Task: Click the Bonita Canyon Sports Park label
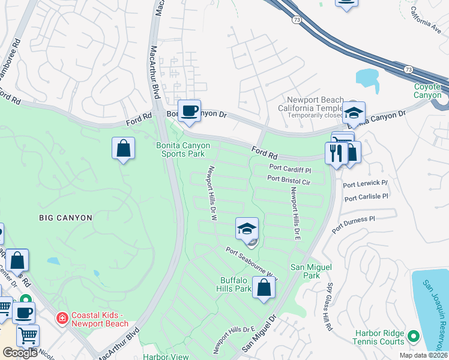tap(181, 149)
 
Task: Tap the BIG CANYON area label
tap(66, 218)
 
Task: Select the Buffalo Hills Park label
tap(235, 284)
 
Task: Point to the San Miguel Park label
tap(304, 271)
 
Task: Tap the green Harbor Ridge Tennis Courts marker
tap(412, 335)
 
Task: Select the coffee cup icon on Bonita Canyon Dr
tap(190, 111)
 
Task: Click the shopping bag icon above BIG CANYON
tap(123, 148)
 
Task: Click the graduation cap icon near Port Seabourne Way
tap(247, 229)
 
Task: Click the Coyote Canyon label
tap(427, 91)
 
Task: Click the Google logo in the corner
tap(20, 353)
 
